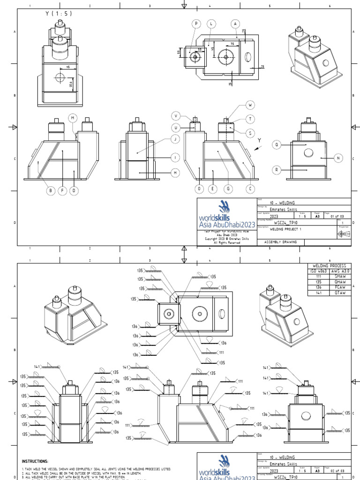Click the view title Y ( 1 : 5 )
pos(59,14)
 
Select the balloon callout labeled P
pos(196,23)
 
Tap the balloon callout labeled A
pos(235,23)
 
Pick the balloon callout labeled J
pos(175,139)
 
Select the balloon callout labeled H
pos(175,173)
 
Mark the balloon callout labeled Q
pos(277,145)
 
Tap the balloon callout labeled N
pos(339,158)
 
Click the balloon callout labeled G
pos(228,188)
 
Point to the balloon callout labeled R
pos(277,169)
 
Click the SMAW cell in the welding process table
pos(339,276)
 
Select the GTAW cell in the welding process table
pos(339,292)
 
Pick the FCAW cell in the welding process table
pos(339,287)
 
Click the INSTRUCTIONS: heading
pos(35,461)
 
